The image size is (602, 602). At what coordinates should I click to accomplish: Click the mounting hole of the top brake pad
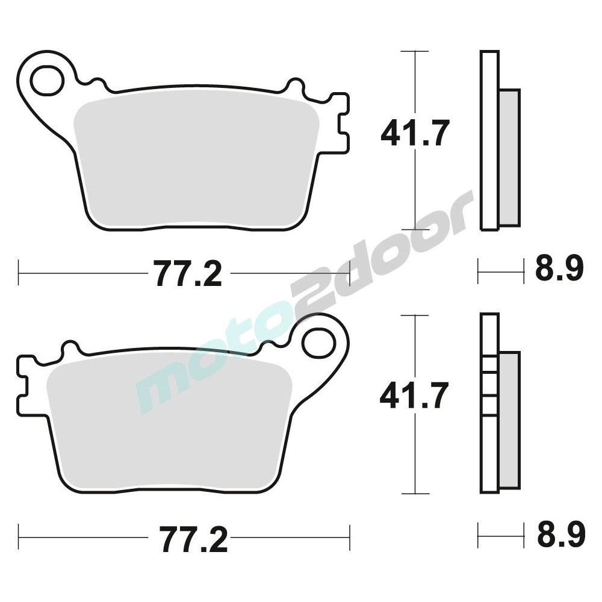coord(47,80)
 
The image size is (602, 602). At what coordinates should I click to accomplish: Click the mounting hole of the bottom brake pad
coord(318,343)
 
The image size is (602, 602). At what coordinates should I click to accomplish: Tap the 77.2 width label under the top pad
coord(189,273)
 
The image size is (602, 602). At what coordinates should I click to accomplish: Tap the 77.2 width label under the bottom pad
coord(193,539)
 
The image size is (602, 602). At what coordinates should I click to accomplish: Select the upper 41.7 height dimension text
coord(415,133)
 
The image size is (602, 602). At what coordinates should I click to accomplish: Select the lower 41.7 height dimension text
coord(414,396)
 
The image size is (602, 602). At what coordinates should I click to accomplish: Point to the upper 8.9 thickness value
coord(559,268)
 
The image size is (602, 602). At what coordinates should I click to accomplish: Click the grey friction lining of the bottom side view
coord(510,420)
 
